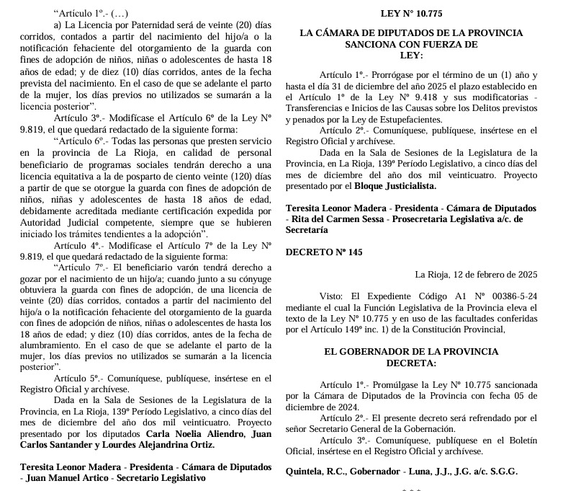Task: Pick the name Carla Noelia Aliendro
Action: (195, 435)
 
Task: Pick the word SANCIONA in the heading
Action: (341, 44)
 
